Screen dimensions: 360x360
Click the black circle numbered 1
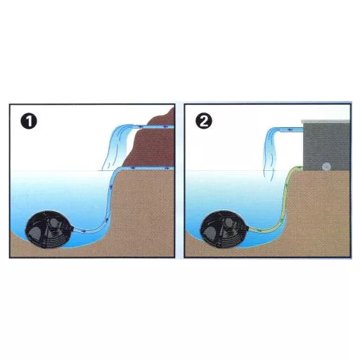[29, 122]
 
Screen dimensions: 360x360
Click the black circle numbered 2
[204, 122]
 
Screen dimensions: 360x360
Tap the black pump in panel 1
[49, 229]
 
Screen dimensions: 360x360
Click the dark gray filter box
[326, 146]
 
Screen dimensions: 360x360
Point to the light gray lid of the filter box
[326, 121]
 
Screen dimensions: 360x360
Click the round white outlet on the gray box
[326, 167]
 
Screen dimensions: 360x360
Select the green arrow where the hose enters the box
[298, 167]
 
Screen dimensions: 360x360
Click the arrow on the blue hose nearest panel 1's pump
[84, 232]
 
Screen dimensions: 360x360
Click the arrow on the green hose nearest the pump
[259, 231]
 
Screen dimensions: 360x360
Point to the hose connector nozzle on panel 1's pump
[73, 229]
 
